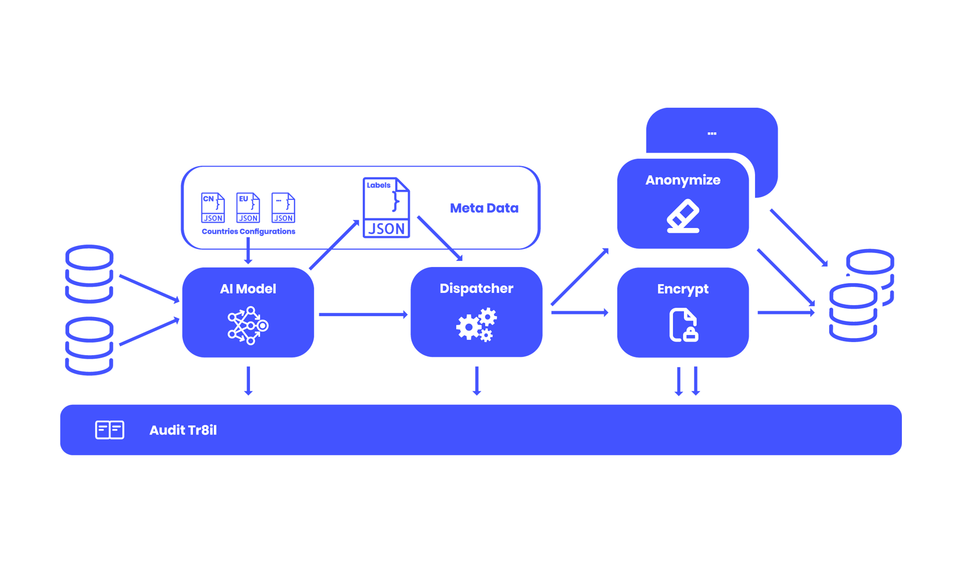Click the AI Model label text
248,289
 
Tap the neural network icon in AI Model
248,326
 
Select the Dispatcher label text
476,289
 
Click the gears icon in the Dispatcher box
476,325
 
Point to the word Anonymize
683,180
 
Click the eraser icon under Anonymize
683,216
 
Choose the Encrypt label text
683,289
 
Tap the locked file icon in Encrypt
683,326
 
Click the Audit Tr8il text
183,430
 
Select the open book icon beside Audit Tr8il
110,430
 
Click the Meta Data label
484,208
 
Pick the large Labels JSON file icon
386,207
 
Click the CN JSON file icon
213,208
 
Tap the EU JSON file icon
248,208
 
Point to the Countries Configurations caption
249,231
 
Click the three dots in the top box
712,134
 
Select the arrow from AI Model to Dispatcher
363,315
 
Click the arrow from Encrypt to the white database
786,313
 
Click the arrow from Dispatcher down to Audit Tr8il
477,381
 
